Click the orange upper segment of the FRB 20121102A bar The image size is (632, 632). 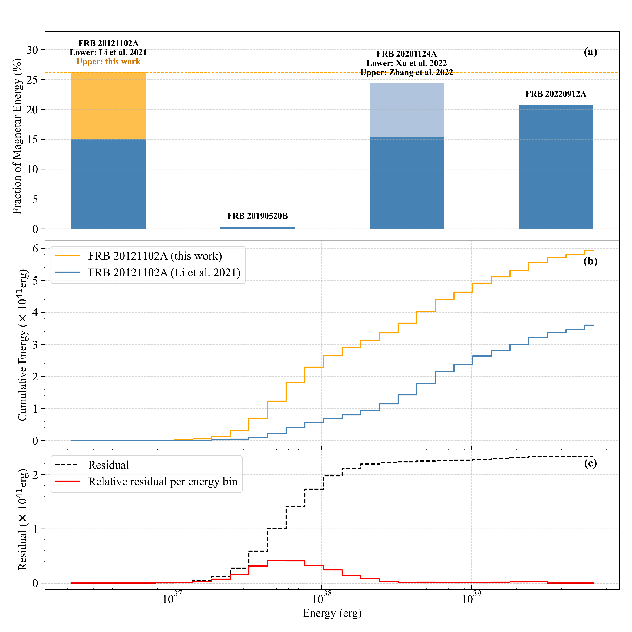pos(108,105)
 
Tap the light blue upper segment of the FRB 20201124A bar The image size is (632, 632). pos(407,110)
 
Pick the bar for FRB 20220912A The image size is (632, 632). pos(556,167)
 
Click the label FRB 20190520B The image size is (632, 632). pos(257,216)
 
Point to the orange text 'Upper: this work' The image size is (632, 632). pos(108,61)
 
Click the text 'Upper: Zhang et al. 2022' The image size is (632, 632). pos(407,72)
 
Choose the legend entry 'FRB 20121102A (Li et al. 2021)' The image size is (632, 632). pos(164,272)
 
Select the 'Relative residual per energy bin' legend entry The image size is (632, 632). pos(163,482)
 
